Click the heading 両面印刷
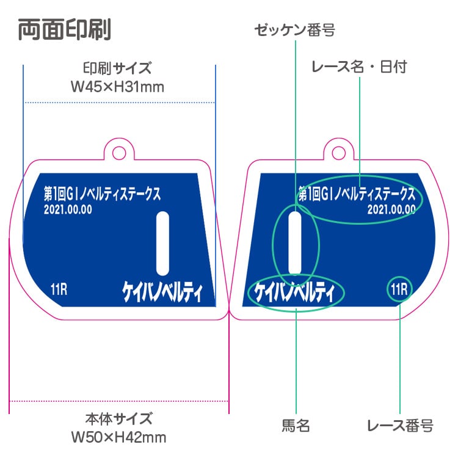pyautogui.click(x=64, y=29)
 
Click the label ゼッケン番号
pyautogui.click(x=296, y=30)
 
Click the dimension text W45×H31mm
pyautogui.click(x=118, y=87)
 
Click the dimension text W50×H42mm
pyautogui.click(x=118, y=437)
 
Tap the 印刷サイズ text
pyautogui.click(x=117, y=67)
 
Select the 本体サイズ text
pyautogui.click(x=118, y=419)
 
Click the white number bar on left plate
pyautogui.click(x=162, y=243)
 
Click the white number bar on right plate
pyautogui.click(x=294, y=243)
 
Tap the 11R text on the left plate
pyautogui.click(x=59, y=289)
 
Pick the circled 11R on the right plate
pyautogui.click(x=400, y=289)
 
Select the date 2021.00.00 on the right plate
pyautogui.click(x=391, y=209)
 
